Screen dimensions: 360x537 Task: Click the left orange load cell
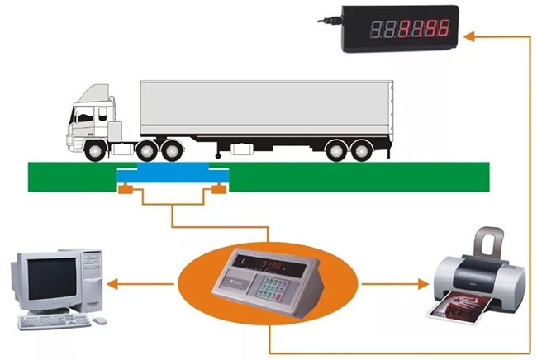125,192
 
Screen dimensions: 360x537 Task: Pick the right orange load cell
219,192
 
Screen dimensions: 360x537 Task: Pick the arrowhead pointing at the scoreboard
471,36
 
